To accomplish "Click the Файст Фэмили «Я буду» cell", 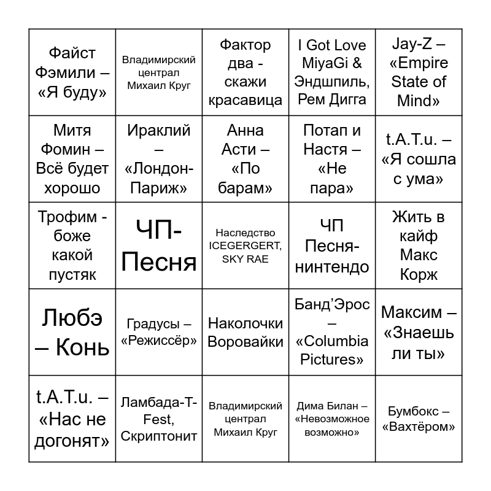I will pyautogui.click(x=72, y=72).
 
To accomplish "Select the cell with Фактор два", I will pyautogui.click(x=245, y=72).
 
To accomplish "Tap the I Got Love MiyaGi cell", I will pyautogui.click(x=331, y=72).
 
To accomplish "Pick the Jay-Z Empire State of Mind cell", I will pyautogui.click(x=419, y=72).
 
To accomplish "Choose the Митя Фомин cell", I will pyautogui.click(x=72, y=159).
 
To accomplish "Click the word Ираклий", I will pyautogui.click(x=159, y=131).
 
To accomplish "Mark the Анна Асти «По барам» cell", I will pyautogui.click(x=245, y=159).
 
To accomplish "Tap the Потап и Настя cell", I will pyautogui.click(x=331, y=159).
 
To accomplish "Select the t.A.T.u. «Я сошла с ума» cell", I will pyautogui.click(x=419, y=159).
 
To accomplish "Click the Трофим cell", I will pyautogui.click(x=72, y=245).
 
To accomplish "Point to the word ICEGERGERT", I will pyautogui.click(x=245, y=246).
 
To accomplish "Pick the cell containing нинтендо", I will pyautogui.click(x=331, y=245).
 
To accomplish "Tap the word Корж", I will pyautogui.click(x=419, y=274).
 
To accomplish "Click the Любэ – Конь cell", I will pyautogui.click(x=72, y=332).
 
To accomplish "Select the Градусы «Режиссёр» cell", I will pyautogui.click(x=159, y=332).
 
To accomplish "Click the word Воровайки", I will pyautogui.click(x=245, y=342).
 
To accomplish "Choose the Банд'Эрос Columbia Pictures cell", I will pyautogui.click(x=331, y=332).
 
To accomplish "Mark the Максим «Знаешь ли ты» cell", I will pyautogui.click(x=419, y=332).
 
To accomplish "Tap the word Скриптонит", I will pyautogui.click(x=159, y=436).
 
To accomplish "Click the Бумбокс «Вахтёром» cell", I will pyautogui.click(x=419, y=419).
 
